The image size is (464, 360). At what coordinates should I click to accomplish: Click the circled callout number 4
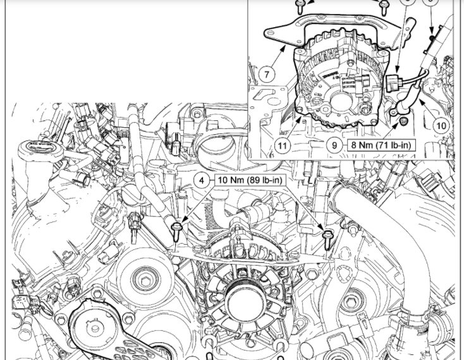pos(202,180)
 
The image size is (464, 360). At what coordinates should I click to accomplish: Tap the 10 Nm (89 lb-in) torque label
pos(250,180)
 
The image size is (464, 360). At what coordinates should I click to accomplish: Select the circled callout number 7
pos(267,74)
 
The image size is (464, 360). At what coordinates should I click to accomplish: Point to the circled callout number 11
pos(283,146)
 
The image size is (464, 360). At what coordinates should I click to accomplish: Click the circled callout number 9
pos(334,145)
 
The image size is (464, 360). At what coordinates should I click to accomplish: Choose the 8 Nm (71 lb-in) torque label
pos(381,145)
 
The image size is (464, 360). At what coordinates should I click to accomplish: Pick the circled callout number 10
pos(441,126)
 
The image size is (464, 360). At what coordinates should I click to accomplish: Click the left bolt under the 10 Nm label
pos(176,233)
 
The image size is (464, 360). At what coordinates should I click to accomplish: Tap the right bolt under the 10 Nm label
pos(327,239)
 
